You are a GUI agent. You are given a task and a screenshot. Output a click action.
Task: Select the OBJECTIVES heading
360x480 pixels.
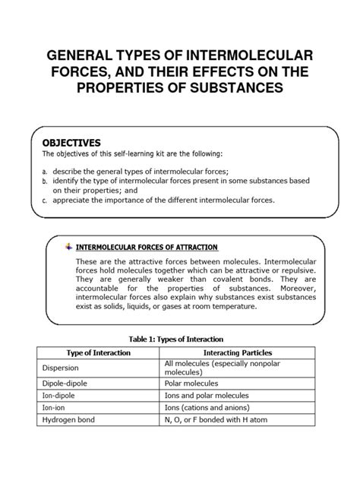[71, 142]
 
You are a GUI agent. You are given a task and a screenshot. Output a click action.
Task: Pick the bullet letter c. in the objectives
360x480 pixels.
[45, 201]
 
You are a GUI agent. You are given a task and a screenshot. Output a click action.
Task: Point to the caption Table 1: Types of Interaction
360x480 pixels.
[179, 338]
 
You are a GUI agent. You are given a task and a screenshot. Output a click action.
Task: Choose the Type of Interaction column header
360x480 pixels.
[96, 353]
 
